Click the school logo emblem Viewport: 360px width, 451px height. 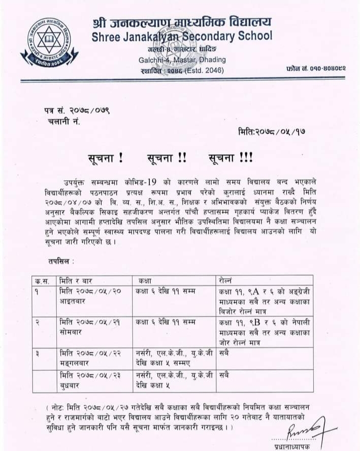(49, 43)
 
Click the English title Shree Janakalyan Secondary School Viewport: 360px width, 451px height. (182, 37)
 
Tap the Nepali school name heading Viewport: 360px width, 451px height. (182, 22)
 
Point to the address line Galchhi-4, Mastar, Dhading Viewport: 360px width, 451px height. (182, 60)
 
